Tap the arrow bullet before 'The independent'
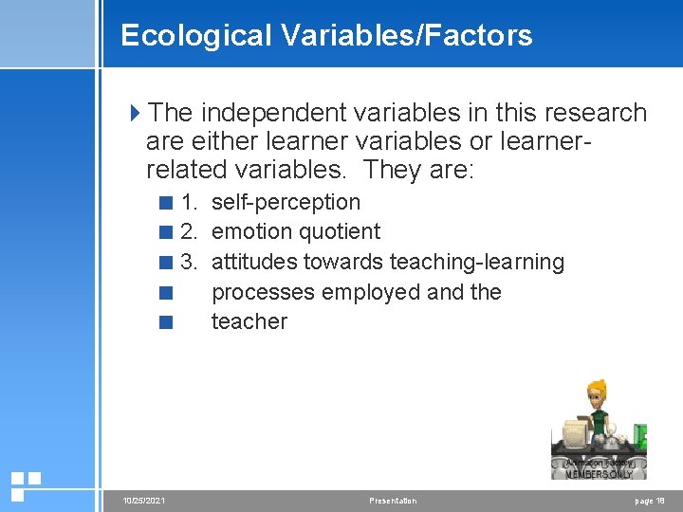pyautogui.click(x=135, y=113)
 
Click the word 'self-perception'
pyautogui.click(x=286, y=202)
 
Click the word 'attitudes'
pyautogui.click(x=254, y=262)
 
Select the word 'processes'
pyautogui.click(x=264, y=292)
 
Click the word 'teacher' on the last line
pyautogui.click(x=249, y=321)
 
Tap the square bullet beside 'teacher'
pyautogui.click(x=167, y=322)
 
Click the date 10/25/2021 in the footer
pyautogui.click(x=141, y=501)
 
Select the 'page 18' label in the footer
pyautogui.click(x=649, y=501)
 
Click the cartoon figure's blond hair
pyautogui.click(x=598, y=387)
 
